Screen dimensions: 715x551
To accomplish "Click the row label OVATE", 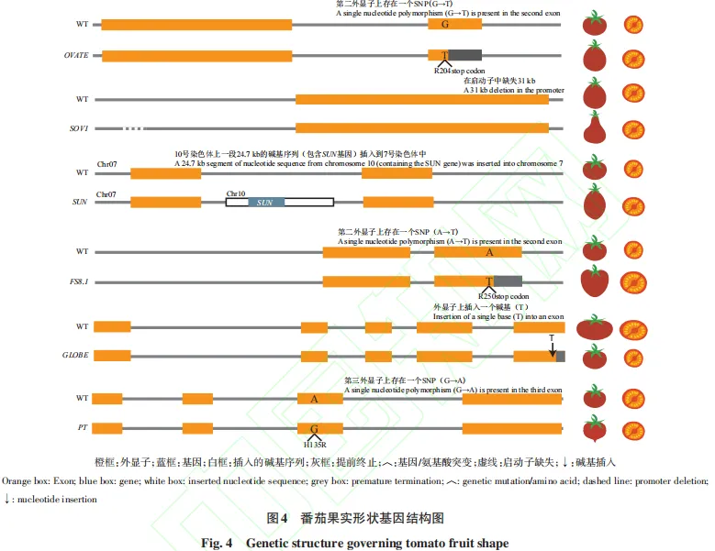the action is pos(76,55).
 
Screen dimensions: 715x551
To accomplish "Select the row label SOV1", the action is pos(77,128).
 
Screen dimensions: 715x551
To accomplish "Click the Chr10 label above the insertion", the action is pos(236,193).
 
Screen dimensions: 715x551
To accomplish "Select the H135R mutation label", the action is pos(315,443).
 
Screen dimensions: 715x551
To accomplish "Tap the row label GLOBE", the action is pos(77,356).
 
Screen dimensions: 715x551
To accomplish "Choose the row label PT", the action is pos(82,427).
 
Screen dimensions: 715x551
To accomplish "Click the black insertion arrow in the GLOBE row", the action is pos(552,347).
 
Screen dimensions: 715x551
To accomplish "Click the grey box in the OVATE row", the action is pos(465,55).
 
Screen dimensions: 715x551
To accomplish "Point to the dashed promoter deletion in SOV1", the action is pos(135,128).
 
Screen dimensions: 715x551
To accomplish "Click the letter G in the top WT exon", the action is pos(444,24).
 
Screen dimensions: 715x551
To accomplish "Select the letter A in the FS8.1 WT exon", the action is pos(489,252).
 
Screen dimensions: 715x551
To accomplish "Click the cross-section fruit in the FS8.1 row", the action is pos(633,283).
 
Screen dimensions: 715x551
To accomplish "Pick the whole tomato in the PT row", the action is pos(595,428).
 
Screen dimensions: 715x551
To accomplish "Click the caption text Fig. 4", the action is pos(221,543).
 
